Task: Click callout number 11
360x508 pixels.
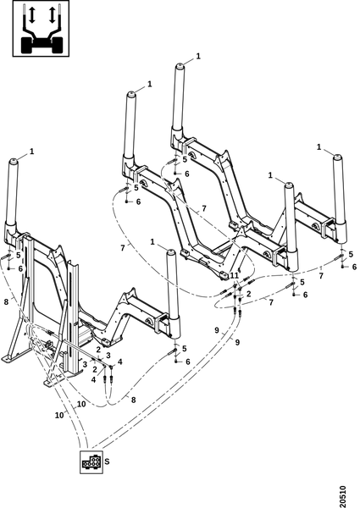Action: [234, 275]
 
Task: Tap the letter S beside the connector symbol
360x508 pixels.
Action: [108, 461]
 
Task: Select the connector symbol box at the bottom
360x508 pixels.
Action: [91, 461]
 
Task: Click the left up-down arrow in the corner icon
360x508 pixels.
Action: [31, 15]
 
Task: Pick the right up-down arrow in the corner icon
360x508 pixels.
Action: [52, 15]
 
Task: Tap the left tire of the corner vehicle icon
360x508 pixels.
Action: [27, 45]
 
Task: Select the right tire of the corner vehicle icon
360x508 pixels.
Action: [57, 45]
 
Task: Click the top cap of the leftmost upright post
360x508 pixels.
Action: [14, 161]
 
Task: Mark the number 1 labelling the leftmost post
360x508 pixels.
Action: [31, 152]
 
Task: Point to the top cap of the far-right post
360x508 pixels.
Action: [338, 157]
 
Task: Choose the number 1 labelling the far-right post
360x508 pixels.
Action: [318, 147]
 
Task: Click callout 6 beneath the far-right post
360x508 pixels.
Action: [354, 267]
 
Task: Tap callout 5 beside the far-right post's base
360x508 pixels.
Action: [351, 255]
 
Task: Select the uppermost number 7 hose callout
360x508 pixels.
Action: [204, 208]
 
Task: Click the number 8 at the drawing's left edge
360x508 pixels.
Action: [6, 302]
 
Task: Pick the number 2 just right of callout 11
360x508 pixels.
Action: [248, 294]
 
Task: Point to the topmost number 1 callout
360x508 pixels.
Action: [198, 56]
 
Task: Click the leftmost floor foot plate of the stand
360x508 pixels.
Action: [10, 358]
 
